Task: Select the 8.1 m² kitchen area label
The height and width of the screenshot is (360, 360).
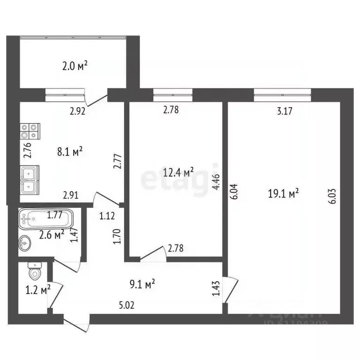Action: (x=70, y=151)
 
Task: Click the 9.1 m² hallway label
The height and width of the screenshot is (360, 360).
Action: (x=142, y=284)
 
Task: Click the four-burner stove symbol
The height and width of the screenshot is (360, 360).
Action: (x=30, y=131)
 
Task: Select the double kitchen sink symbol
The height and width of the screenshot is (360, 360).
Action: (x=30, y=180)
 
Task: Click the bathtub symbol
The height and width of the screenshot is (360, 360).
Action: (x=45, y=218)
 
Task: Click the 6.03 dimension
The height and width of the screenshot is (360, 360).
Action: (x=332, y=194)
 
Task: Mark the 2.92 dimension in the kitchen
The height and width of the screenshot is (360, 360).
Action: (x=78, y=111)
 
